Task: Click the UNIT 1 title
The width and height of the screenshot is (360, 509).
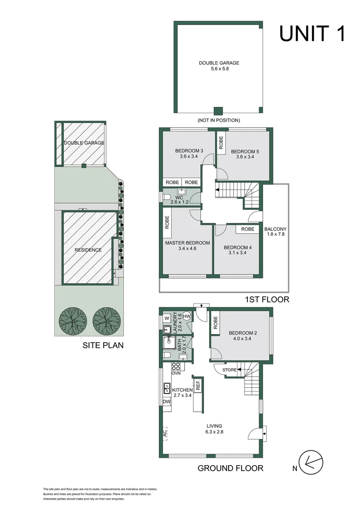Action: tap(312, 34)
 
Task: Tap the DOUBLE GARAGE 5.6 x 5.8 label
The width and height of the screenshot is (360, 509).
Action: tap(219, 66)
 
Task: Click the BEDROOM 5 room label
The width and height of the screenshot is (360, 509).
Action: tap(245, 154)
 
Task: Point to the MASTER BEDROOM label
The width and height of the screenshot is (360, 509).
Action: tap(187, 246)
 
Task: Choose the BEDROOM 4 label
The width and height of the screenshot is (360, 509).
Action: tap(238, 250)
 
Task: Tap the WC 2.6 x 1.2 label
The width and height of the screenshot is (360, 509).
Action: tap(179, 199)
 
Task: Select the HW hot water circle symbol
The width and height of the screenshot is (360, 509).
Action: tap(186, 316)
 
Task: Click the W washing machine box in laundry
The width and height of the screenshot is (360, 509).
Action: tap(166, 317)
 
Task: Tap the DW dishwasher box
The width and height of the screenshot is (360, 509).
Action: tap(166, 402)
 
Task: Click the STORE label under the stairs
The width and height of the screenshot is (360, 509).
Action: tap(229, 370)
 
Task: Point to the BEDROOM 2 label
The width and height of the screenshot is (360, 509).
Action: tap(243, 336)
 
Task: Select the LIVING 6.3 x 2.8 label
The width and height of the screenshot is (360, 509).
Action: tap(213, 429)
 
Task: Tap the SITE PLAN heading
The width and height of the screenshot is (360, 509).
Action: tap(103, 345)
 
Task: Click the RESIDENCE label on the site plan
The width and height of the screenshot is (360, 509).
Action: tap(88, 250)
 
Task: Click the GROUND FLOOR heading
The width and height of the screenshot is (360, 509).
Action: tap(230, 468)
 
